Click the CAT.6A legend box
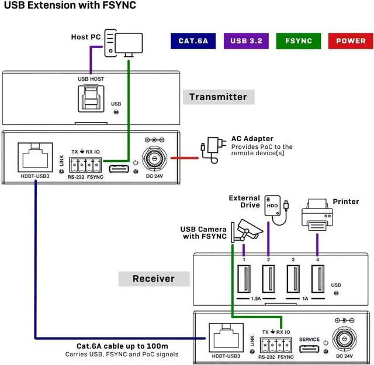[x=193, y=41]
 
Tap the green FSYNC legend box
[x=299, y=41]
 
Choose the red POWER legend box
[x=351, y=41]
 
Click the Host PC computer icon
[x=124, y=45]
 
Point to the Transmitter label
[x=219, y=97]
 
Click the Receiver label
[x=154, y=278]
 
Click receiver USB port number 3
[x=293, y=280]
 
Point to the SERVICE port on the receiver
[x=309, y=350]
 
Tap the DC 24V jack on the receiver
[x=344, y=338]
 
